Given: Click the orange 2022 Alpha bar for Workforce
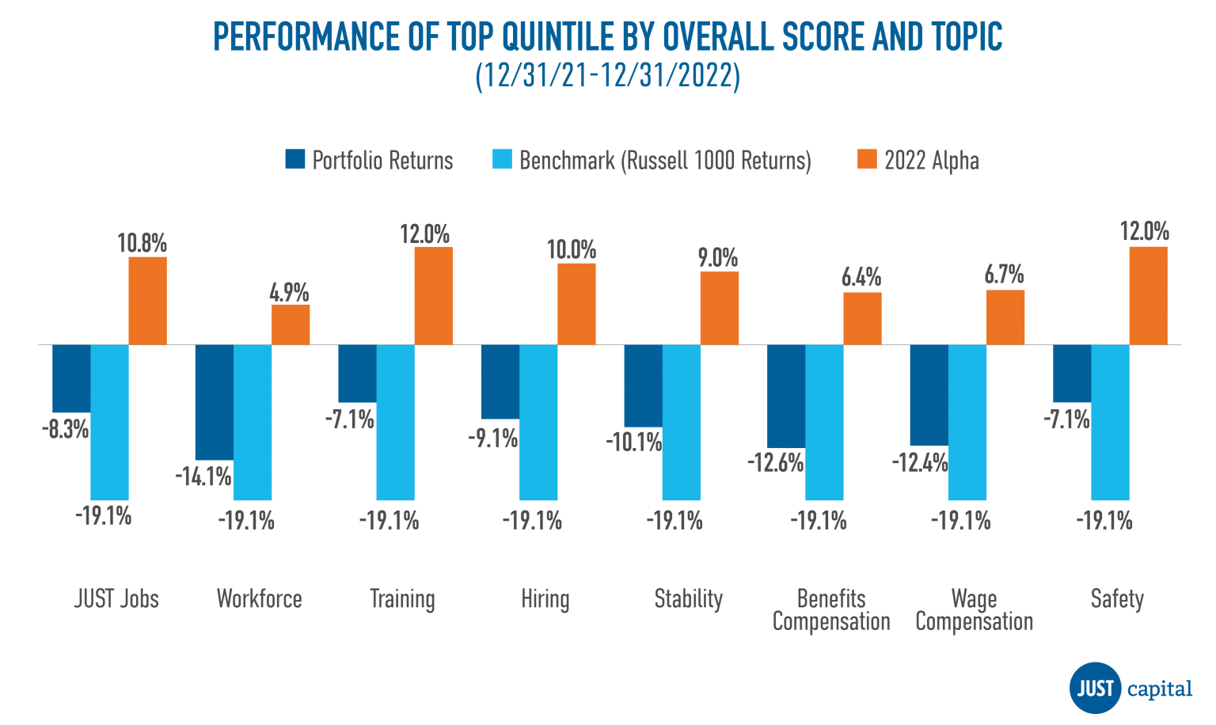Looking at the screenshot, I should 291,325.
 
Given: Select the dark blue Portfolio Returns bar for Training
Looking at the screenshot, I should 357,374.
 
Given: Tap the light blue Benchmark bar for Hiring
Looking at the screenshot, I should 538,423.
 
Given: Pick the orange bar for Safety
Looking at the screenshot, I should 1148,295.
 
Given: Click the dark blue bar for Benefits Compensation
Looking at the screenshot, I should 786,397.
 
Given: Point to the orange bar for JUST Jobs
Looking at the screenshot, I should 148,301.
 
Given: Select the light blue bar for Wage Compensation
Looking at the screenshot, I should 967,423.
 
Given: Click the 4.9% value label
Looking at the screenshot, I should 289,292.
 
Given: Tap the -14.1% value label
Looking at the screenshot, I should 203,476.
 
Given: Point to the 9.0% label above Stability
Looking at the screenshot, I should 718,258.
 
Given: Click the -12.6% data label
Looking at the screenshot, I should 775,462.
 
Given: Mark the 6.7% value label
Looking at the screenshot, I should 1004,275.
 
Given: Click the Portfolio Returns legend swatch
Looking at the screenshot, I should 294,159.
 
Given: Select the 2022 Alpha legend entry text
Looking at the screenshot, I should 931,161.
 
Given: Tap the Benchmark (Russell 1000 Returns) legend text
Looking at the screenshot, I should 665,161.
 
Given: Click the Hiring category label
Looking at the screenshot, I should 545,599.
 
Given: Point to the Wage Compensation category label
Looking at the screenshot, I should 974,610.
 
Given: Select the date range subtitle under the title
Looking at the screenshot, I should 608,77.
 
